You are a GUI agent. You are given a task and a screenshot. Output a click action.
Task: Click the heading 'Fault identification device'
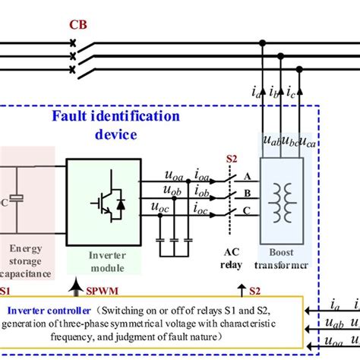tap(115, 125)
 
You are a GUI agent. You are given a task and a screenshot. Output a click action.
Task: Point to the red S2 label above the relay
tap(232, 160)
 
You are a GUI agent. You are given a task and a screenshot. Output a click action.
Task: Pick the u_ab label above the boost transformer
tap(270, 141)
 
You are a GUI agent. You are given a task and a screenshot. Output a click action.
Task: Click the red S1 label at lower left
tap(6, 291)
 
